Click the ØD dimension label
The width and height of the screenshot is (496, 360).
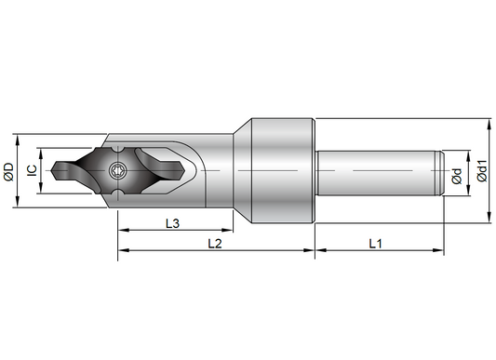click(9, 172)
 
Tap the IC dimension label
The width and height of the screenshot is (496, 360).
click(32, 170)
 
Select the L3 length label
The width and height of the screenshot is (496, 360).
click(173, 223)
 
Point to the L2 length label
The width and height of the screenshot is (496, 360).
click(215, 244)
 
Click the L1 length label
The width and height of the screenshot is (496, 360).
click(376, 244)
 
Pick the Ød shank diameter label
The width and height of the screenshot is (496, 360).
click(457, 176)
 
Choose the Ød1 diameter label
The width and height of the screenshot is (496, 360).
click(482, 171)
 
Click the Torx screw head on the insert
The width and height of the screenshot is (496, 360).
click(117, 171)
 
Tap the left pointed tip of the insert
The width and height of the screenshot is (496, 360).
click(52, 171)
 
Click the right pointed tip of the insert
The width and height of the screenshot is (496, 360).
click(184, 171)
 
